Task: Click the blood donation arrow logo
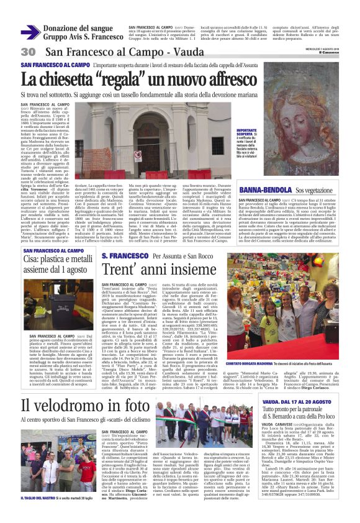(x=30, y=32)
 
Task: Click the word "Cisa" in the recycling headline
(x=34, y=261)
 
